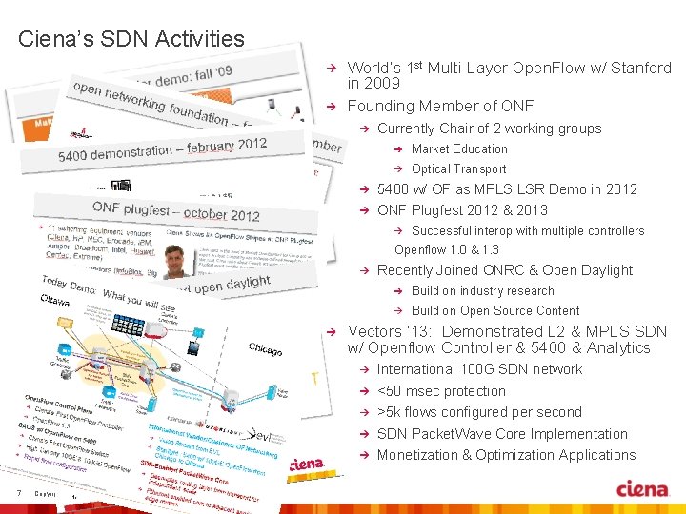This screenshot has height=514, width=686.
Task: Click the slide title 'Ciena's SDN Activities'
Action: pyautogui.click(x=131, y=39)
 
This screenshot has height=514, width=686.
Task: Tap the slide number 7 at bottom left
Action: pyautogui.click(x=19, y=492)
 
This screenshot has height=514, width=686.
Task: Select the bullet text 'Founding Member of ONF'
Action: pyautogui.click(x=440, y=106)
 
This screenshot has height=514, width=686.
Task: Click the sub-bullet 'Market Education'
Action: pyautogui.click(x=459, y=148)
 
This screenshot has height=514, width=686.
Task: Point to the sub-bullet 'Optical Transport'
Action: pyautogui.click(x=458, y=168)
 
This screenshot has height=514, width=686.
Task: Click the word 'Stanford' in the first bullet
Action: pyautogui.click(x=640, y=68)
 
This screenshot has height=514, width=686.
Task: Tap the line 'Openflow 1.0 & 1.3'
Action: pyautogui.click(x=447, y=249)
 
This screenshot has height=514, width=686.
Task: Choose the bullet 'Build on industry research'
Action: pyautogui.click(x=482, y=290)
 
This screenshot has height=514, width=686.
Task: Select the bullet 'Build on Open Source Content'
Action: pyautogui.click(x=494, y=310)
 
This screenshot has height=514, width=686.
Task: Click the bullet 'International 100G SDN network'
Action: pyautogui.click(x=479, y=369)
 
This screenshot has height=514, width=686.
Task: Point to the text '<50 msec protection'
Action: pyautogui.click(x=441, y=391)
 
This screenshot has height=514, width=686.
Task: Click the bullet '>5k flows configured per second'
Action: pyautogui.click(x=479, y=412)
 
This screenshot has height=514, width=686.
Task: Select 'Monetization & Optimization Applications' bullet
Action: pyautogui.click(x=506, y=455)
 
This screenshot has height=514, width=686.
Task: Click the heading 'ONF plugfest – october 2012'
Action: pyautogui.click(x=176, y=210)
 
